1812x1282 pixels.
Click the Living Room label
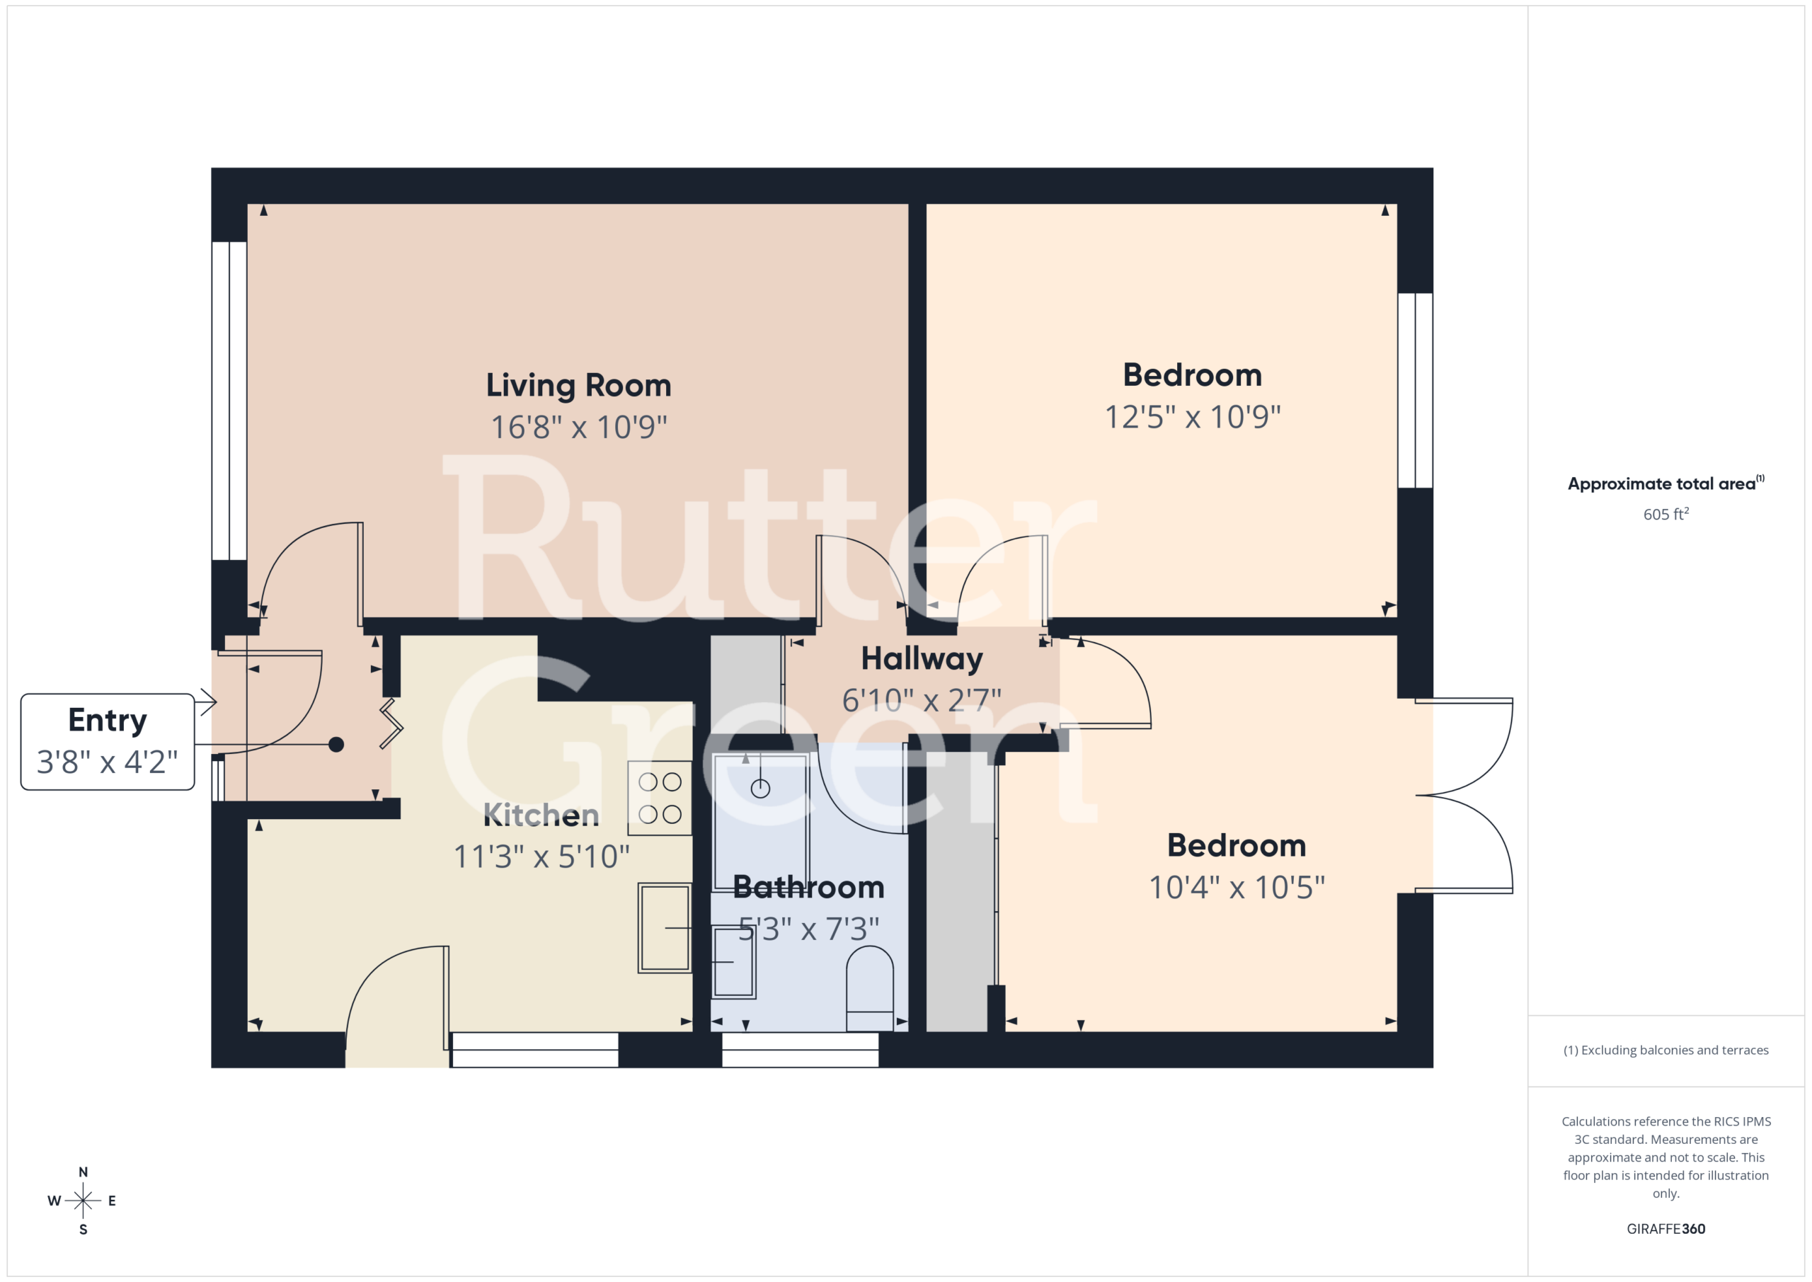click(x=578, y=385)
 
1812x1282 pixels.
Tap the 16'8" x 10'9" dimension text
click(x=578, y=427)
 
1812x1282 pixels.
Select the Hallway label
click(x=922, y=659)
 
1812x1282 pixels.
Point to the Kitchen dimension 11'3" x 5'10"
click(x=541, y=857)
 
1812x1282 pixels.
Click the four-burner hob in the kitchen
click(x=660, y=797)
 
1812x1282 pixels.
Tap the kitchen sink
click(x=665, y=927)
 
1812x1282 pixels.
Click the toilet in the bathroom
click(x=870, y=988)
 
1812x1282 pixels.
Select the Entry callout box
click(x=108, y=741)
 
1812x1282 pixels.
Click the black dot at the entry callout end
click(x=336, y=745)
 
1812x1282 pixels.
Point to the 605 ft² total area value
click(x=1665, y=514)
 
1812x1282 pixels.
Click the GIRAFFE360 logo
click(x=1665, y=1228)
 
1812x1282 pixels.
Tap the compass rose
click(x=83, y=1201)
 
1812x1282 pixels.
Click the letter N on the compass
click(x=83, y=1172)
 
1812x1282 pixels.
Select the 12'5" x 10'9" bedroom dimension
click(x=1193, y=417)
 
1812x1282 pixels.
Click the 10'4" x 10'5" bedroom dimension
click(x=1237, y=887)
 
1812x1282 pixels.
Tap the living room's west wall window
click(x=229, y=401)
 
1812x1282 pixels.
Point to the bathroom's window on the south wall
click(x=801, y=1050)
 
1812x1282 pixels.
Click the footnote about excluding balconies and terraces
click(x=1665, y=1050)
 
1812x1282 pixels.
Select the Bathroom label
click(x=808, y=887)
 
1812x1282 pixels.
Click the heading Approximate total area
click(x=1665, y=483)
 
